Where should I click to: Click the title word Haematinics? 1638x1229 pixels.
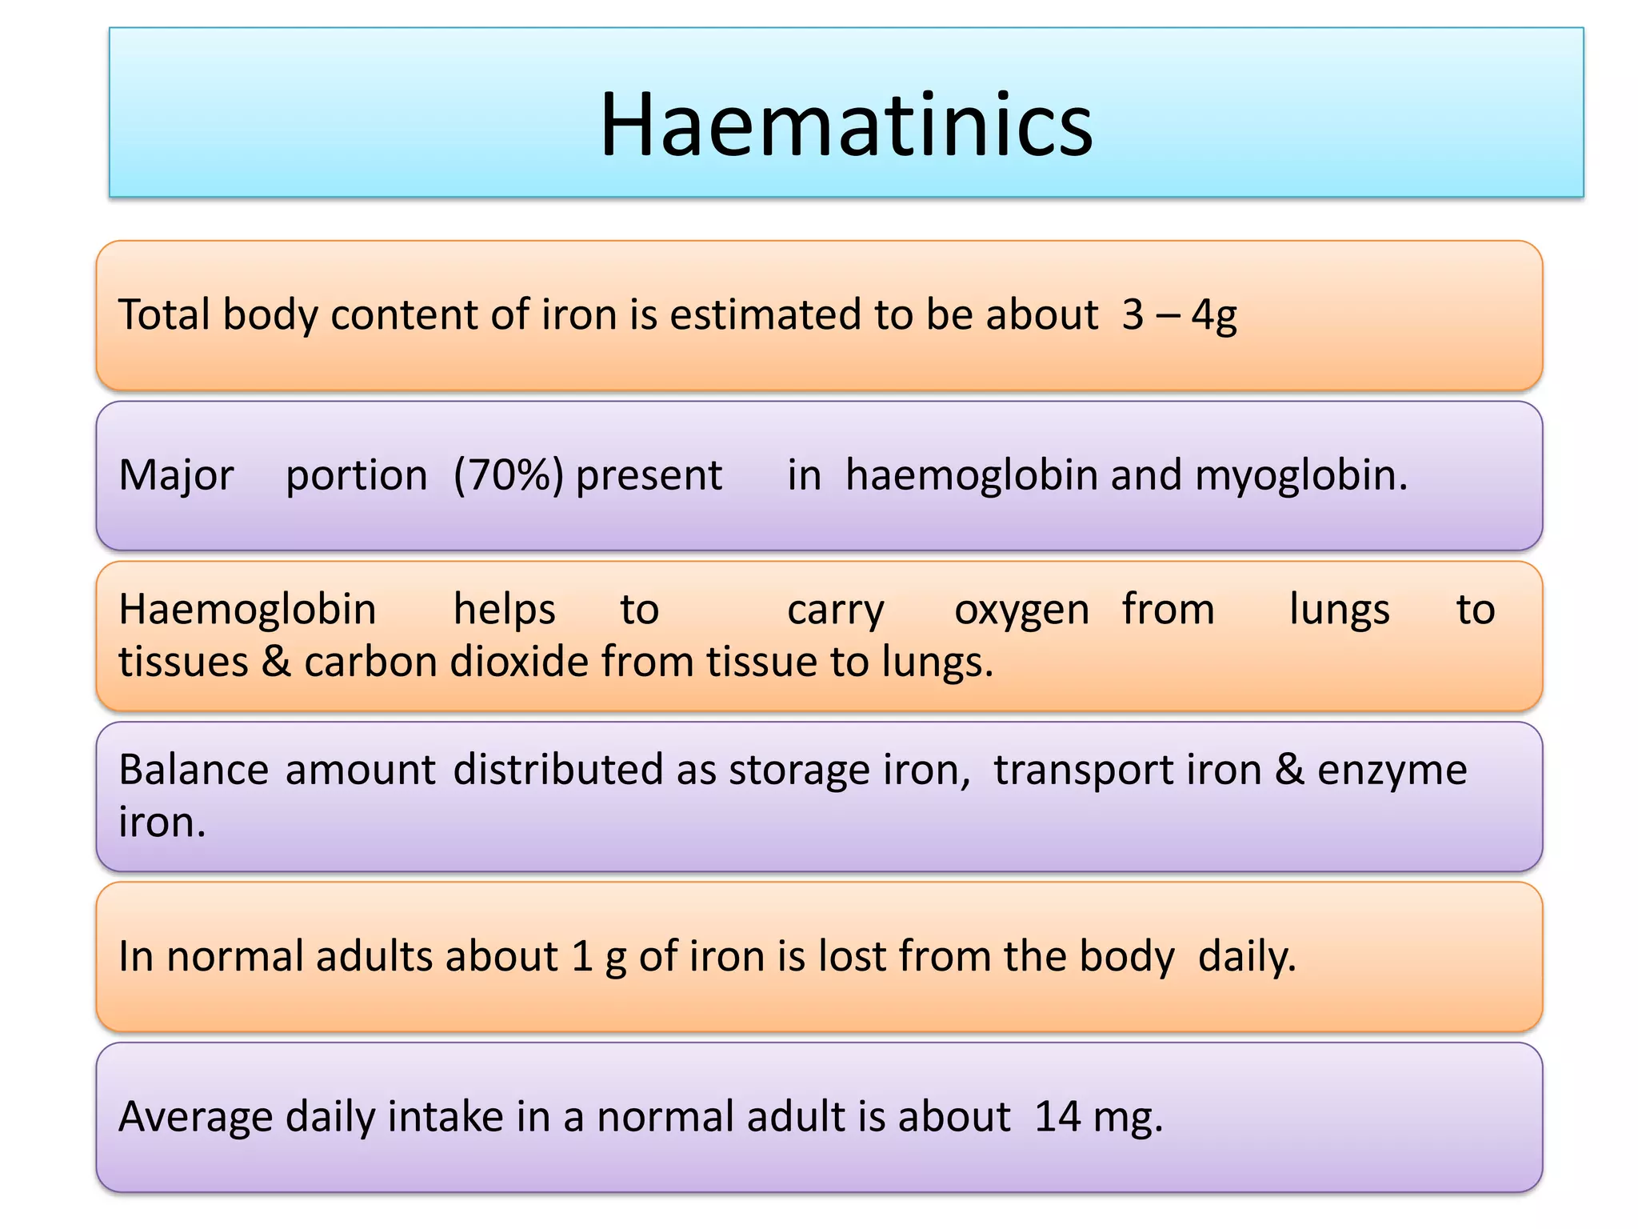click(846, 125)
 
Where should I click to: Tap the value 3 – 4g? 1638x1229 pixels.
click(1178, 314)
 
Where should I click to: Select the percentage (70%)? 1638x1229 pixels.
click(509, 475)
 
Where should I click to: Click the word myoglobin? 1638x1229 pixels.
click(1300, 475)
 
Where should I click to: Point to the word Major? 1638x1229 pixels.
click(176, 475)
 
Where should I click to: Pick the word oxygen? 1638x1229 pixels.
click(1021, 610)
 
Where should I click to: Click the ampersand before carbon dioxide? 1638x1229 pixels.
click(276, 662)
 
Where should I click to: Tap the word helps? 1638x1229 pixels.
click(504, 610)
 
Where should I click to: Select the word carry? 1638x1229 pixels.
click(835, 610)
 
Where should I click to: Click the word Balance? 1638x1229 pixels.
click(194, 770)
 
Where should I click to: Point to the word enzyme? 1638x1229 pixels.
click(1392, 770)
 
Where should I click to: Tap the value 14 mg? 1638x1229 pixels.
click(1098, 1117)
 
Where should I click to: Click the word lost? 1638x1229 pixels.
click(853, 956)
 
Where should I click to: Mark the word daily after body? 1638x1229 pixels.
click(1246, 956)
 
